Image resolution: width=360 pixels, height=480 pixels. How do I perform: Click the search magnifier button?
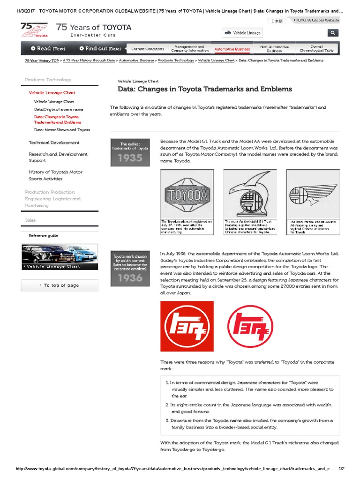click(332, 33)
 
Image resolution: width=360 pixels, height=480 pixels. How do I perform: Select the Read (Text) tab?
click(48, 48)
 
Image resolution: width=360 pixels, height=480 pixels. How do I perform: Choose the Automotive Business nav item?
click(232, 49)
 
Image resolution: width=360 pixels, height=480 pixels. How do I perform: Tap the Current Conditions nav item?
click(148, 49)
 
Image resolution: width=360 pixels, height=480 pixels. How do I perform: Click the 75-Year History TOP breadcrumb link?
click(42, 60)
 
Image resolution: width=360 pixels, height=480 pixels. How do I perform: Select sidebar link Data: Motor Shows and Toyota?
click(62, 130)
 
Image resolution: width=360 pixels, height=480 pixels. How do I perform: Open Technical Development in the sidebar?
click(54, 142)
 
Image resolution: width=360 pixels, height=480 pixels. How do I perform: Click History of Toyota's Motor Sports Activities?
click(55, 175)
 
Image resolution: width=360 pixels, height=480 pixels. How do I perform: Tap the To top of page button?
click(60, 285)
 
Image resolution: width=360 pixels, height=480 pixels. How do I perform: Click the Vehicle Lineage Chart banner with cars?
click(60, 257)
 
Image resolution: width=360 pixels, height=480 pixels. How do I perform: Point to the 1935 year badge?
click(130, 152)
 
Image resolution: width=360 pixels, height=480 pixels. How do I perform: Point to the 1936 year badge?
click(130, 270)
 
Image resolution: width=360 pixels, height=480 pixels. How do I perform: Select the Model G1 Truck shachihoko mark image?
click(250, 195)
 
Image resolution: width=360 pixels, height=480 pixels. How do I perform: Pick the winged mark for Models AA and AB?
click(313, 195)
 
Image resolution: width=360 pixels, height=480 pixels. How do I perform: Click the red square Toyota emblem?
click(187, 326)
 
